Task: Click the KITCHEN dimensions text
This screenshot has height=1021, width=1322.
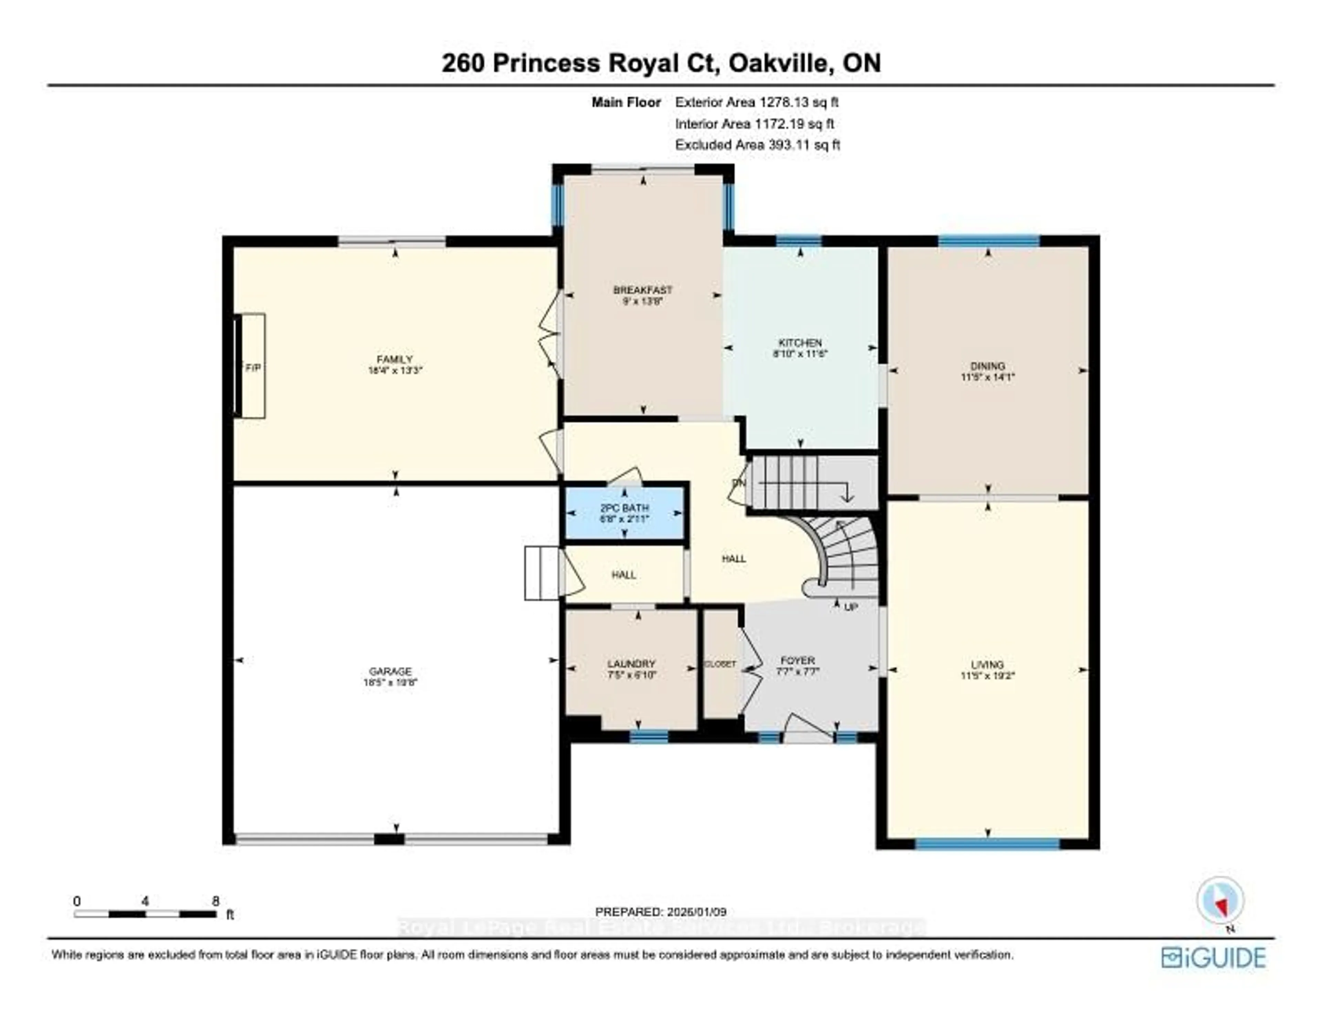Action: pos(800,353)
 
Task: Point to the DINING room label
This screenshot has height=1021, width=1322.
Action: pos(987,365)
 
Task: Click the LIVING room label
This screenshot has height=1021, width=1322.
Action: pos(987,664)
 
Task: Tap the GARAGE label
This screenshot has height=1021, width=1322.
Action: pos(390,671)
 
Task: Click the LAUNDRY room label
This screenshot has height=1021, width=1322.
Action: pos(631,663)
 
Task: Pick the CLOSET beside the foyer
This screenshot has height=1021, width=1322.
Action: pos(720,664)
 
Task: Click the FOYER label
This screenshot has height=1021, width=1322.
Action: pos(797,660)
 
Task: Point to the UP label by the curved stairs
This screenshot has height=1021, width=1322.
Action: pos(850,607)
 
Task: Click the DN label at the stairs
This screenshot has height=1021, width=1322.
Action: pos(738,482)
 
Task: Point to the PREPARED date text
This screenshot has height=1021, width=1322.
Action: pos(660,912)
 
